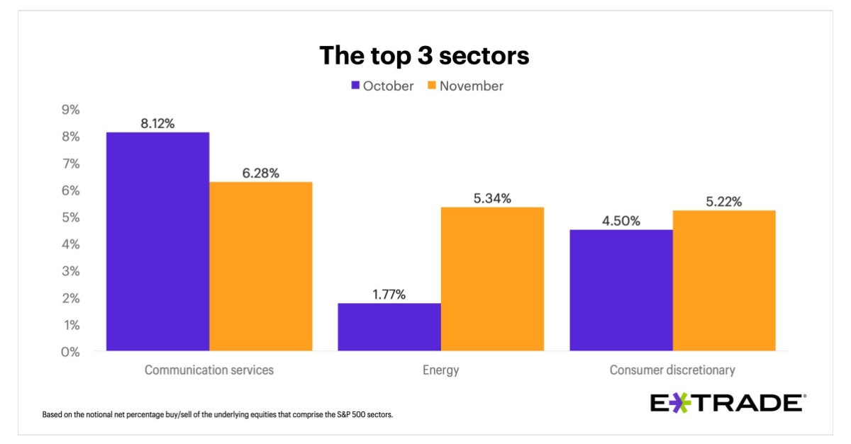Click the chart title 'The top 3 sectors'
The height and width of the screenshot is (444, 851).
coord(424,55)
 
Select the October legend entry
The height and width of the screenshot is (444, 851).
coord(382,86)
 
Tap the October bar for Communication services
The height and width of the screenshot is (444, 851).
coord(157,241)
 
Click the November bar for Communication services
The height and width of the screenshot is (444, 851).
coord(260,266)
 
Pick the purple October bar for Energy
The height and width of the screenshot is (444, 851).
coord(389,326)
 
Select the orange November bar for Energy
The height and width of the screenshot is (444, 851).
coord(492,279)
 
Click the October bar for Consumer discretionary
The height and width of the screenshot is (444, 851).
coord(621,290)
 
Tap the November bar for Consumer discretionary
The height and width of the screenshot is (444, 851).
coord(724,280)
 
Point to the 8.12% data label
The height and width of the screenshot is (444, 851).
coord(157,123)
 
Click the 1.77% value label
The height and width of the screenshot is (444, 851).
coord(389,295)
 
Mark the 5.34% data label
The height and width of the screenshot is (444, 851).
coord(492,198)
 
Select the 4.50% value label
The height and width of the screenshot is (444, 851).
coord(621,221)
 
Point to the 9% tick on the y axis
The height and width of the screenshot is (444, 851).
coord(70,110)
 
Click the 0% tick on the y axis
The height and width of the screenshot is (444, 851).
coord(70,351)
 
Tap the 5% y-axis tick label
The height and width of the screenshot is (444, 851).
coord(70,217)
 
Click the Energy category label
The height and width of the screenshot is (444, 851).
coord(440,370)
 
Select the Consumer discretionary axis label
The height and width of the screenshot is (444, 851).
coord(672,370)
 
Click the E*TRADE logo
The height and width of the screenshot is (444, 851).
coord(728,403)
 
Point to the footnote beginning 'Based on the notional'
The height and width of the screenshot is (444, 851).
coord(218,414)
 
